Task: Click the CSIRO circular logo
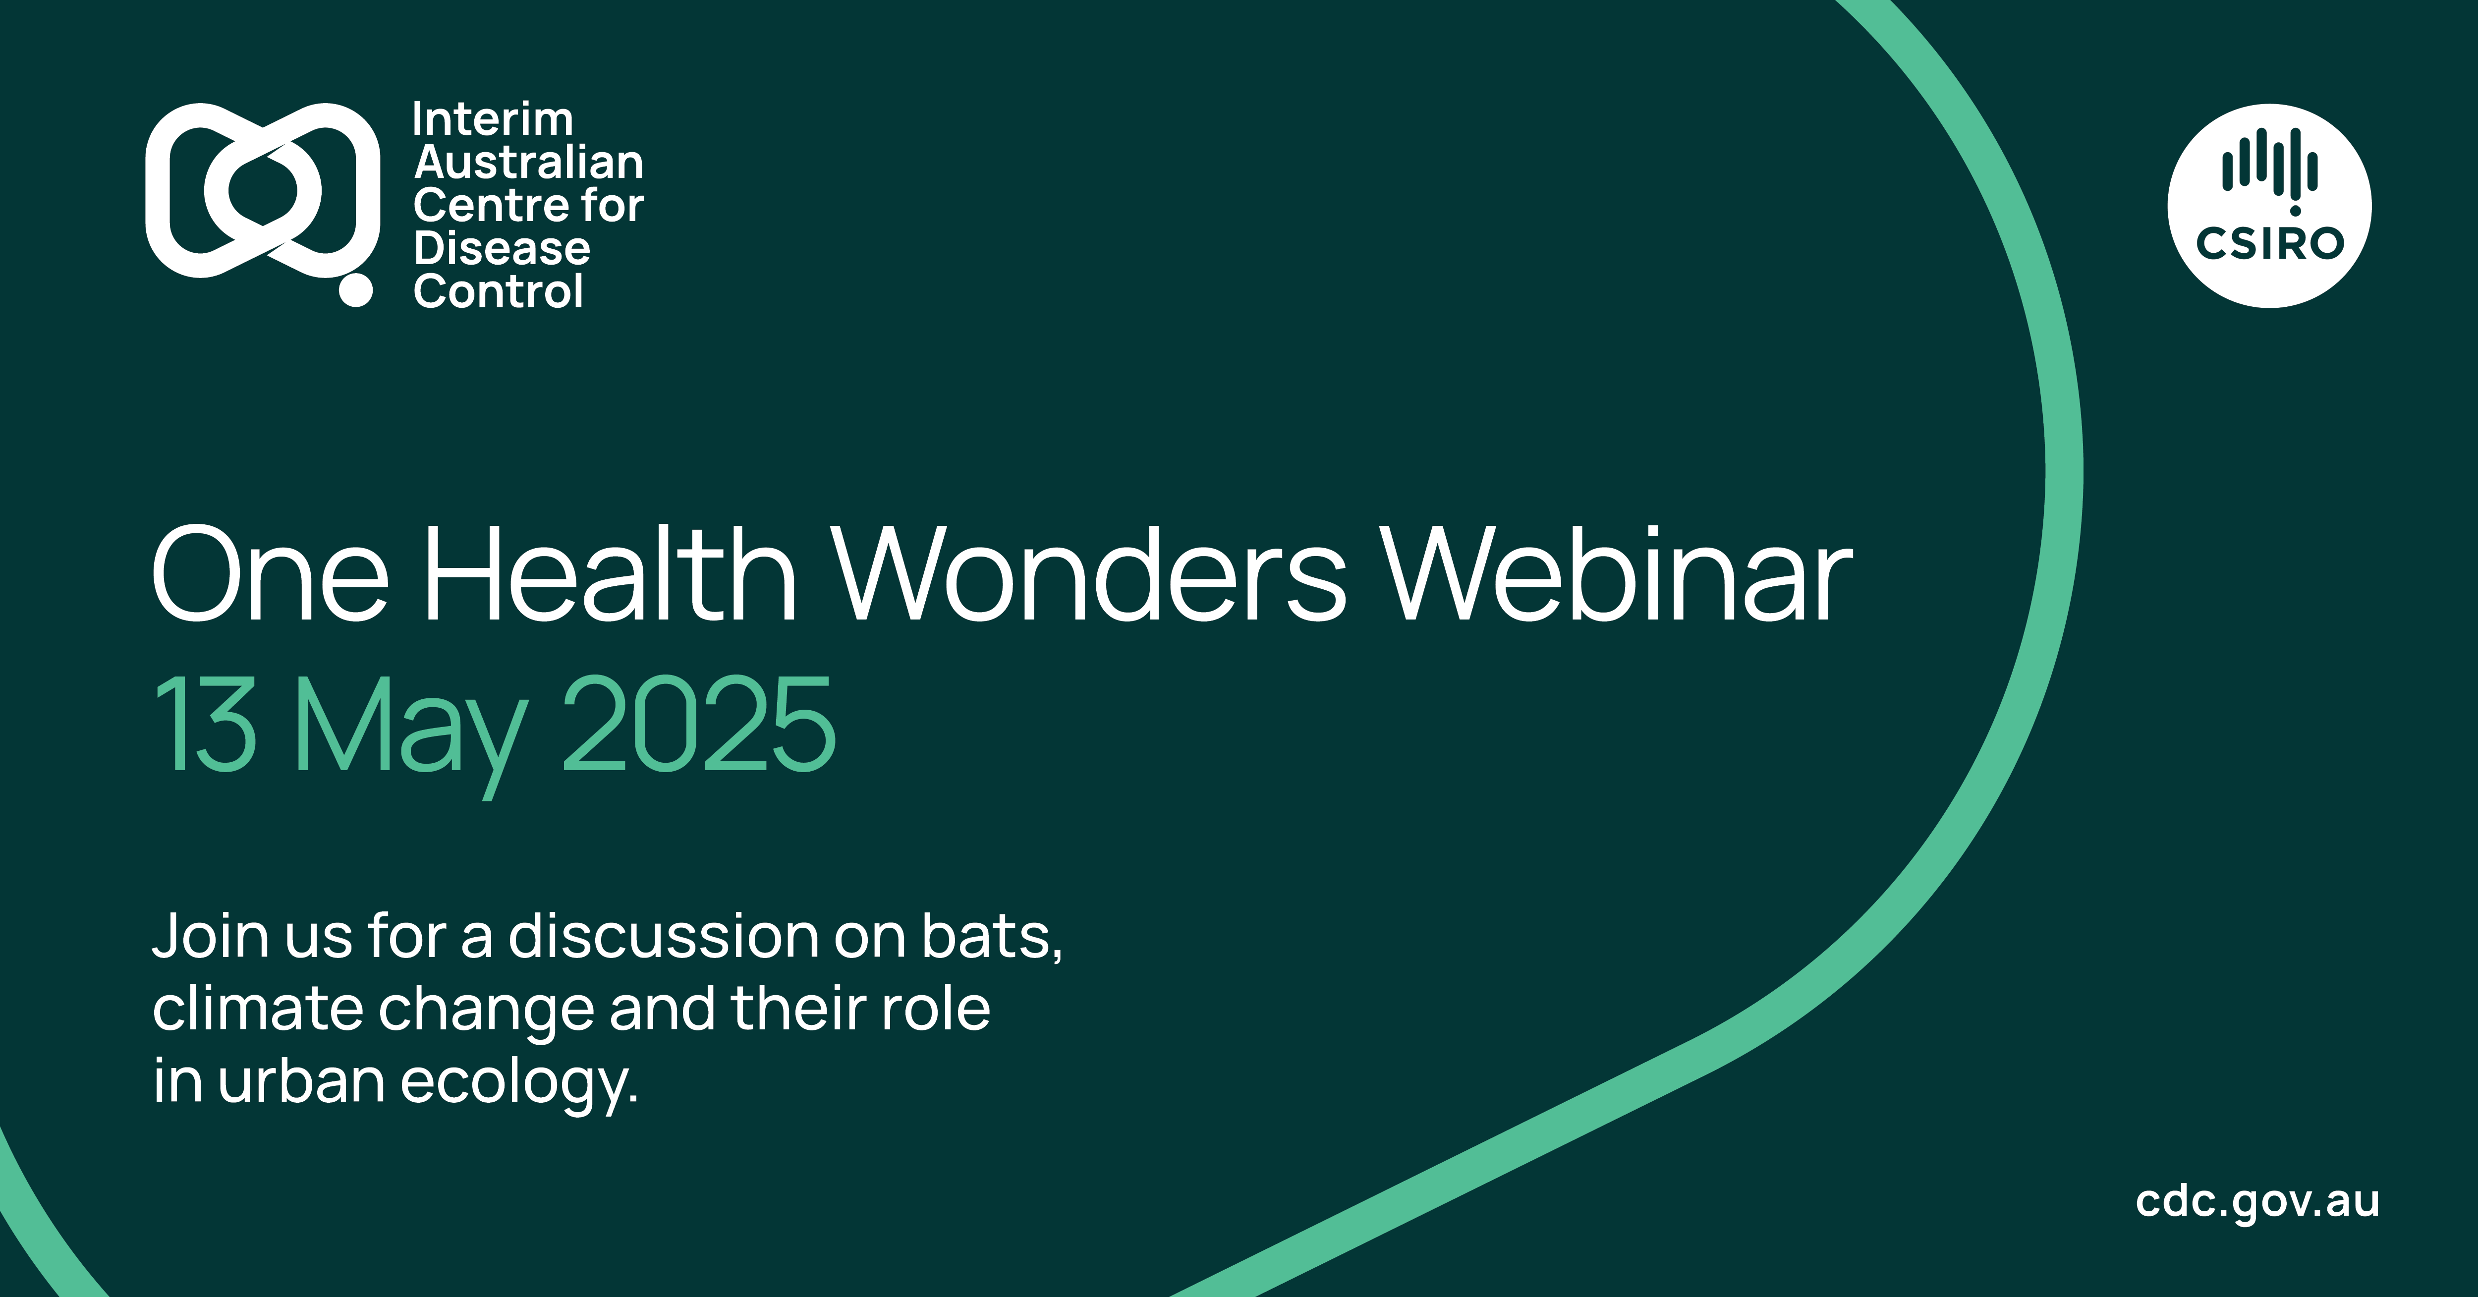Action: [x=2269, y=206]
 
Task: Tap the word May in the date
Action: [x=411, y=736]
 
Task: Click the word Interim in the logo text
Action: [x=493, y=120]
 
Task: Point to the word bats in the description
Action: [x=991, y=936]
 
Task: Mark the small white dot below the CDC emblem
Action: [x=356, y=290]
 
